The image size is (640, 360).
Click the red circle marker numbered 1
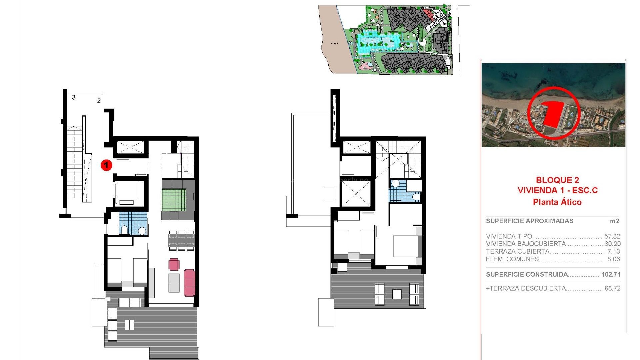pos(106,165)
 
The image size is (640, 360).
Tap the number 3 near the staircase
pos(74,97)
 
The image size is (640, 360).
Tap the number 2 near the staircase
pos(99,100)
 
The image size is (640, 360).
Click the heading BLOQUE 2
pos(557,180)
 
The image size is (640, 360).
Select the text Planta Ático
pos(557,202)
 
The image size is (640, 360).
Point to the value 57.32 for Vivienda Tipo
pos(612,236)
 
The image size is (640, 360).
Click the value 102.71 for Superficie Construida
pos(611,274)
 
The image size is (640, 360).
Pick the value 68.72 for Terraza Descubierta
pos(612,288)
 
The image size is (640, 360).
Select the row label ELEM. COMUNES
pos(512,259)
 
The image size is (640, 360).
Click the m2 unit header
pos(614,221)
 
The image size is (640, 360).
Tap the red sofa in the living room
pos(189,283)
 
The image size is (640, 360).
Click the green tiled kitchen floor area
pos(174,200)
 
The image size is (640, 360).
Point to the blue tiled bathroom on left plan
pos(133,223)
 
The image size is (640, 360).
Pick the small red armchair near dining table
pos(174,264)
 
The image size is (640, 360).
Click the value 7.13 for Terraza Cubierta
pos(613,251)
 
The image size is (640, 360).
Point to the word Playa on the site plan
pos(334,43)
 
